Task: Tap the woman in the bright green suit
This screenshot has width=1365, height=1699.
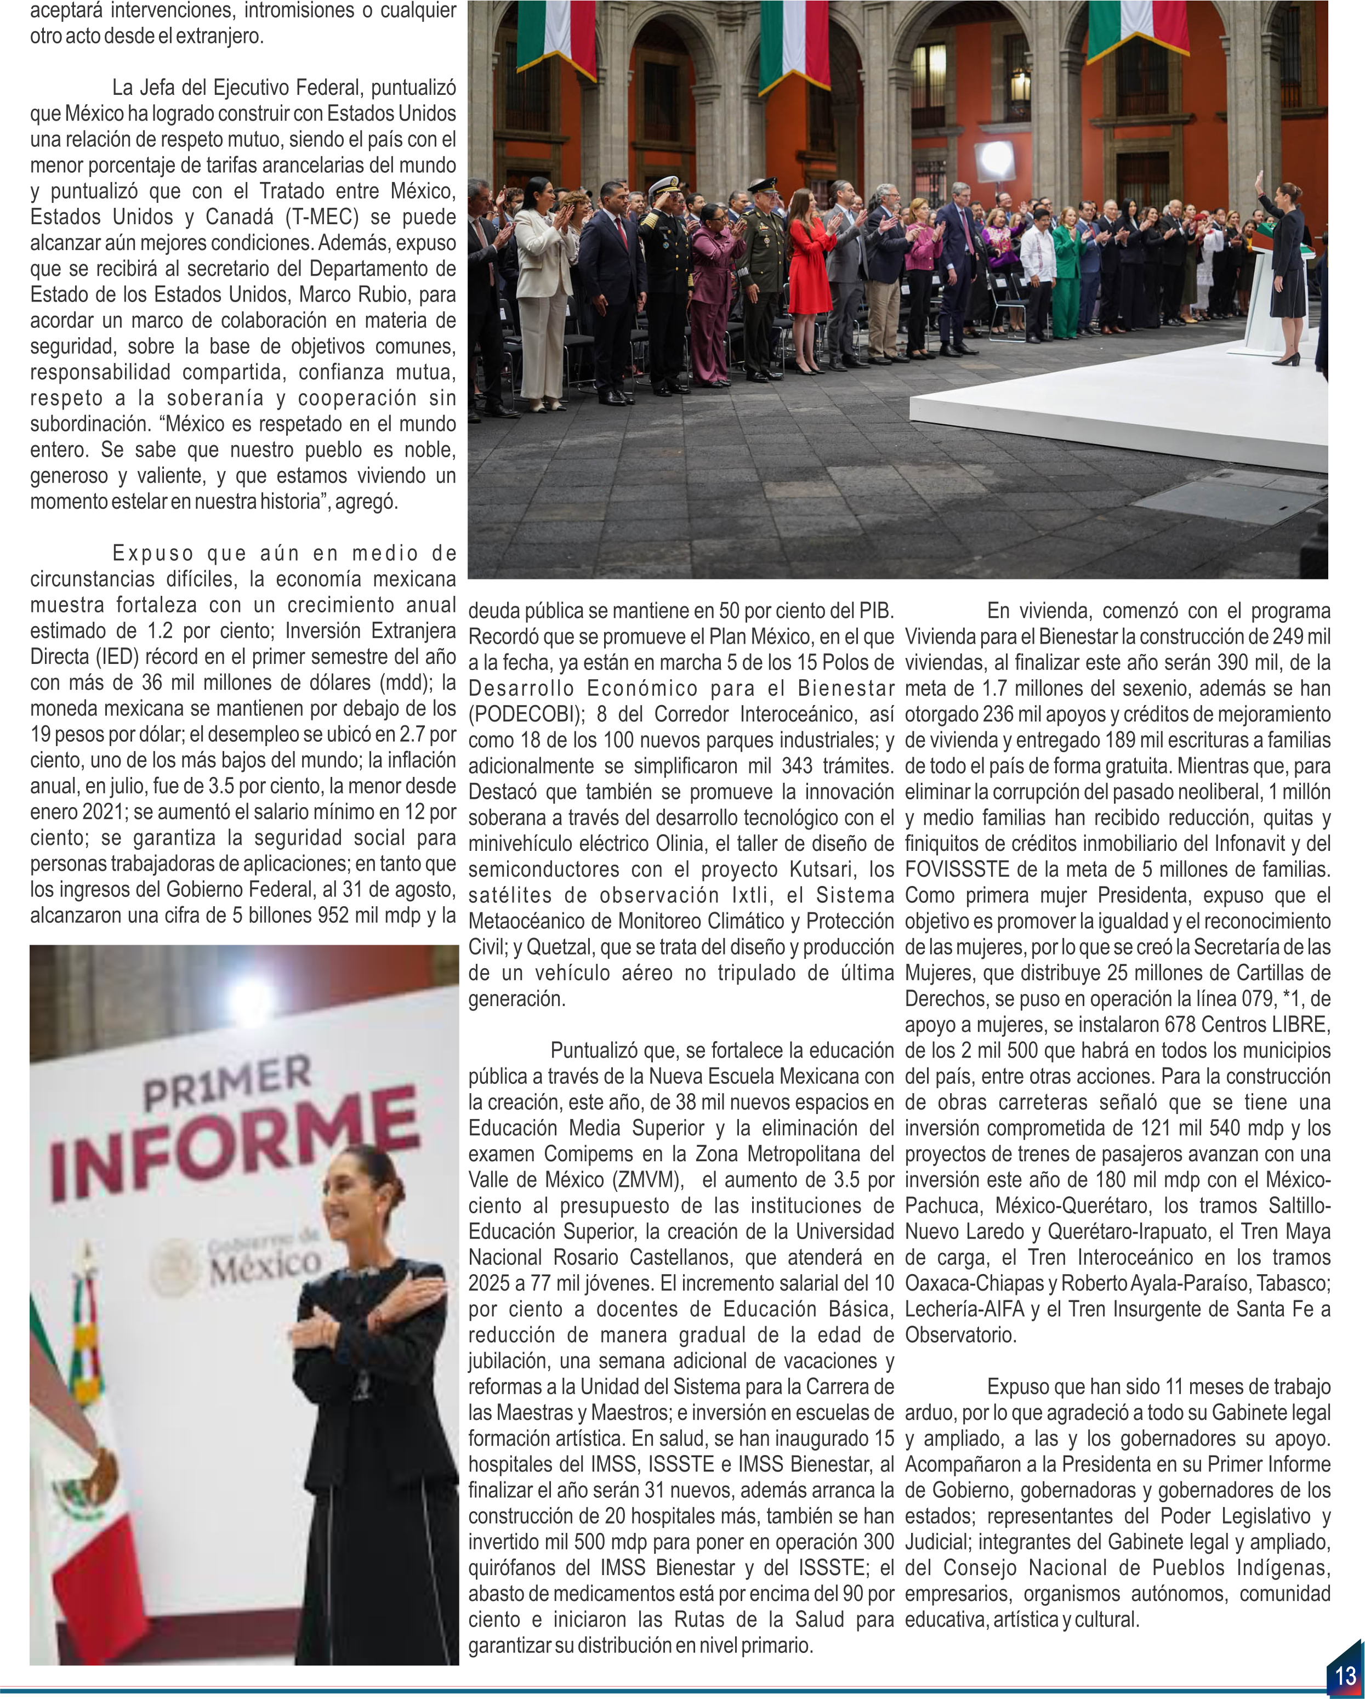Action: pyautogui.click(x=1066, y=276)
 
